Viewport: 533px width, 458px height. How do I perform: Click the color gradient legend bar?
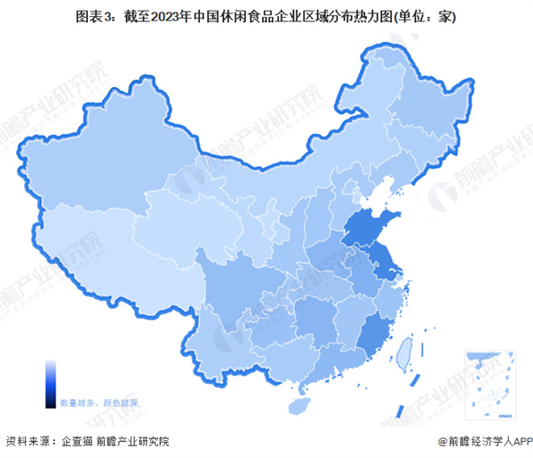[x=52, y=382]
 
